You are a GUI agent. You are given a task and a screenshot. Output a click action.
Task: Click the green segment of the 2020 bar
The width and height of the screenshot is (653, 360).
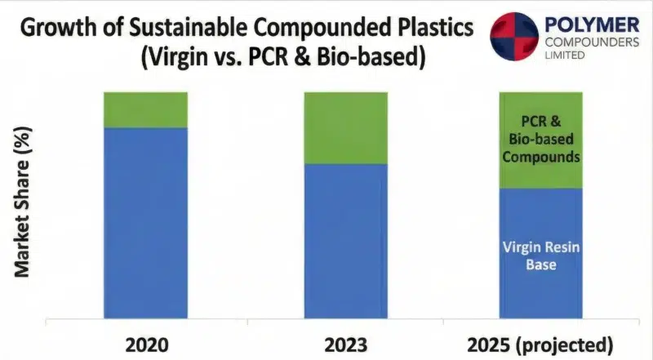[x=145, y=109]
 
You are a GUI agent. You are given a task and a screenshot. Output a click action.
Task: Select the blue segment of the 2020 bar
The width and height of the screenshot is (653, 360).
[x=145, y=220]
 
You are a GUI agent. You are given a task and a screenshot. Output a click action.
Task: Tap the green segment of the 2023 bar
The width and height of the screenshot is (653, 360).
[x=345, y=127]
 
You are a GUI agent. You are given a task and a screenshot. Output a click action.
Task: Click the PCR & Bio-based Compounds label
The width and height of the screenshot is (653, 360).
[x=540, y=140]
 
